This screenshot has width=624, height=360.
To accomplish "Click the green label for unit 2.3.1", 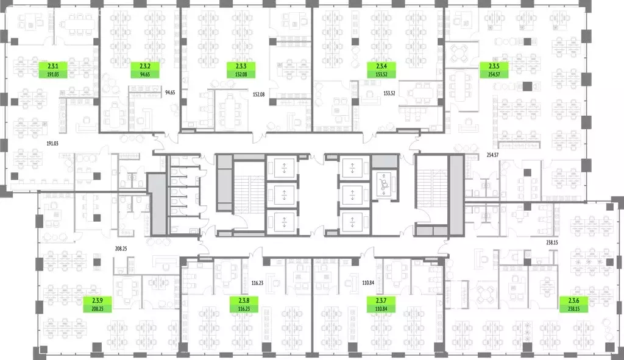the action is point(53,70).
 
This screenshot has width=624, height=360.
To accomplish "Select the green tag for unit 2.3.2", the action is point(145,70).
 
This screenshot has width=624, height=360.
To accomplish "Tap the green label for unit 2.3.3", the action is point(241,70).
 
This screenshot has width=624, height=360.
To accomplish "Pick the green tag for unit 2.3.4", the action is point(381,70).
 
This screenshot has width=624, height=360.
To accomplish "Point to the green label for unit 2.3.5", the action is point(494,70).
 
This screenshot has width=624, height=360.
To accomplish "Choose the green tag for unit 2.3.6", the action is point(574,305).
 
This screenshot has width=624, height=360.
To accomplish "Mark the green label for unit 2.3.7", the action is point(381,305).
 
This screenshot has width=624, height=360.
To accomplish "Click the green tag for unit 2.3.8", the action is point(244,305).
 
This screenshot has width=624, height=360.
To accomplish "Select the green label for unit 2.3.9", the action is point(97,305).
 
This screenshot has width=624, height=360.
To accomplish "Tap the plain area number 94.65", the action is point(170,93).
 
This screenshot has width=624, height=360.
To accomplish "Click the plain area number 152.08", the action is point(258,94).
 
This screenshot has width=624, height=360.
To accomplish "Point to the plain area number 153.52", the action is point(389,93).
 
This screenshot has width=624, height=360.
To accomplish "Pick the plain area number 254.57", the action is point(492,155).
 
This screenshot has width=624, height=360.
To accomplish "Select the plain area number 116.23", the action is point(258,283).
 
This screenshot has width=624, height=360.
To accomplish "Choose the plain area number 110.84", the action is point(368,283).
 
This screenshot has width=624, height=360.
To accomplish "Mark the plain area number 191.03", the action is point(52,143).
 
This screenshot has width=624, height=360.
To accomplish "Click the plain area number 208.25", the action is point(121,249).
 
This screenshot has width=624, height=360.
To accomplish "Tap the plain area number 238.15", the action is point(552,242).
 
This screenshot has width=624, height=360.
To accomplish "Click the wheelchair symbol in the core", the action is point(384,184).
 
